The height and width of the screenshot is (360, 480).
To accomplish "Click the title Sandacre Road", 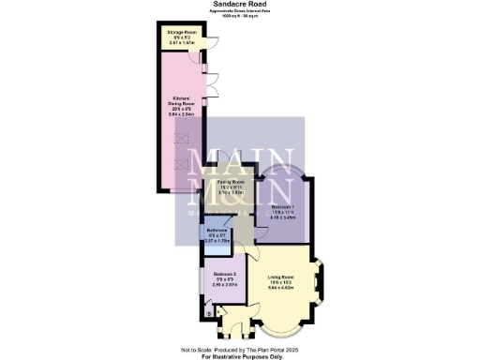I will pos(240,4).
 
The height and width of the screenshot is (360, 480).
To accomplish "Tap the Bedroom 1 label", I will pos(282,207).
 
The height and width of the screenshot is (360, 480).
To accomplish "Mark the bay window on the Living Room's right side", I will pos(322,279).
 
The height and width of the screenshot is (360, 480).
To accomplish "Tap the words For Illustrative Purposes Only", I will pos(240,356).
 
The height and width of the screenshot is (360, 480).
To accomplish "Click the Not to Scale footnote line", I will pos(240,350).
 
